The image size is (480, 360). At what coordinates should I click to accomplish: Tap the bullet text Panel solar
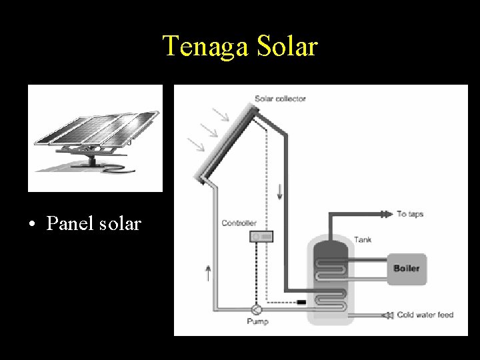(93, 223)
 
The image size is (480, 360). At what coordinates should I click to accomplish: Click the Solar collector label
(280, 99)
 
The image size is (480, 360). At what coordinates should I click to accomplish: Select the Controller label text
(239, 223)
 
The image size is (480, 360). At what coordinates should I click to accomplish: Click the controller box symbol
(261, 236)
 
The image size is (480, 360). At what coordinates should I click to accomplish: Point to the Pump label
(257, 321)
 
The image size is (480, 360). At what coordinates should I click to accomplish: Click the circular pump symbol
(257, 309)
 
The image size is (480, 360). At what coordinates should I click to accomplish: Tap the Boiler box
(406, 268)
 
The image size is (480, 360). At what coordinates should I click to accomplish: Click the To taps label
(410, 214)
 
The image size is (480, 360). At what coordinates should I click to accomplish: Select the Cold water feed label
(425, 315)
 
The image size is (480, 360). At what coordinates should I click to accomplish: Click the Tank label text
(363, 239)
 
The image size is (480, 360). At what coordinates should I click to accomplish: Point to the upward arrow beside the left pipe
(209, 272)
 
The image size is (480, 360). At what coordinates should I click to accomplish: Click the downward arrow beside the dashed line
(279, 191)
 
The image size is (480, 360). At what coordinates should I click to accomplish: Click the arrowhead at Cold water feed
(385, 315)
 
